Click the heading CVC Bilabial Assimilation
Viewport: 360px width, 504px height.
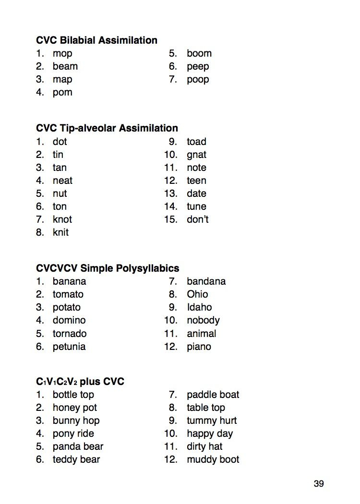(96, 40)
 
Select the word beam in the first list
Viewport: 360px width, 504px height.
(65, 66)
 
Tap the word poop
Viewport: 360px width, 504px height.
(198, 80)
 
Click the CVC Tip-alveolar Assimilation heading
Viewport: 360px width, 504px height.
(107, 128)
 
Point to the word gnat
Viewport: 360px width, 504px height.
(196, 155)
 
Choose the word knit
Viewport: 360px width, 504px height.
(60, 232)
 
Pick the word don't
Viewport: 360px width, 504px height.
(197, 219)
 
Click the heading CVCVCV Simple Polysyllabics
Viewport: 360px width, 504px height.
(108, 268)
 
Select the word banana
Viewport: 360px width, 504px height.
(69, 281)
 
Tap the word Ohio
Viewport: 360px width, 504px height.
(197, 294)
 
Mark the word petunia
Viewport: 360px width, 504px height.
(69, 347)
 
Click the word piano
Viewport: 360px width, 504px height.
(199, 347)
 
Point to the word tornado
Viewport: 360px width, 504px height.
(70, 334)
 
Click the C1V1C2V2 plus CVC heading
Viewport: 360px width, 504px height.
(80, 382)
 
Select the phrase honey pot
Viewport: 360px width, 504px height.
(74, 408)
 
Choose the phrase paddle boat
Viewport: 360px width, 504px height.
(213, 395)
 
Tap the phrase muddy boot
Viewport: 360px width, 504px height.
(213, 459)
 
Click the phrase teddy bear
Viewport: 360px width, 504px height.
(76, 459)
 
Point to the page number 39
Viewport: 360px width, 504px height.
(319, 484)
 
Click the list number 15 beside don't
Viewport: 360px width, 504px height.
(171, 219)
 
